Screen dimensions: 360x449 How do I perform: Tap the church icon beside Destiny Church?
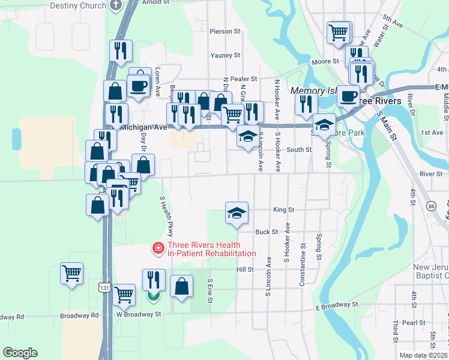pyautogui.click(x=117, y=5)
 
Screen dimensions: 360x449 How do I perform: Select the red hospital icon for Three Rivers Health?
pyautogui.click(x=158, y=247)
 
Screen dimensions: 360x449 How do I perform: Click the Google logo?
pyautogui.click(x=20, y=353)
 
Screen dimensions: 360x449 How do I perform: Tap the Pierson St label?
pyautogui.click(x=224, y=31)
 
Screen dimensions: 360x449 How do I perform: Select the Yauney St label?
pyautogui.click(x=225, y=55)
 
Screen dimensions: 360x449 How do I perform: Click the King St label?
pyautogui.click(x=283, y=210)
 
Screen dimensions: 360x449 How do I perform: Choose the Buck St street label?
pyautogui.click(x=267, y=232)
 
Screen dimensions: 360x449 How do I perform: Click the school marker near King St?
pyautogui.click(x=237, y=212)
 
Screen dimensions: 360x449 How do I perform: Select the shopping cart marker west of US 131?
pyautogui.click(x=71, y=274)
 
